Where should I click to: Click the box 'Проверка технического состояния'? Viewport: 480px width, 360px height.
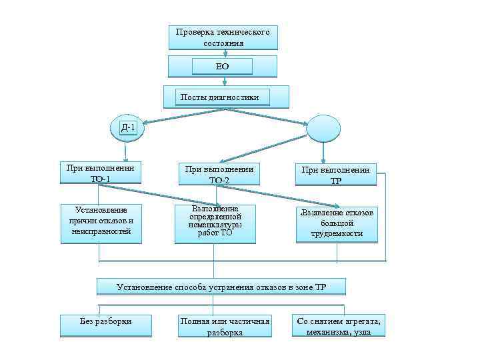coord(223,37)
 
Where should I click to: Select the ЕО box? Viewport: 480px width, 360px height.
coord(222,66)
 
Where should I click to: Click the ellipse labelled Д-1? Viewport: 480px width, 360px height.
coord(127,127)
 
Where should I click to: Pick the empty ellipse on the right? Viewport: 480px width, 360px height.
coord(323,127)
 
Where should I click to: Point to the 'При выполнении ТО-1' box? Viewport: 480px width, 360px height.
coord(101,173)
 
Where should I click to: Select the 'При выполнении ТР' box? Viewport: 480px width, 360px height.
coord(336,175)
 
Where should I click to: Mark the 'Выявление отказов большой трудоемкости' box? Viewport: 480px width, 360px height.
coord(337,223)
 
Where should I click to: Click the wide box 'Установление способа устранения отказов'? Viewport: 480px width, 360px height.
coord(221,287)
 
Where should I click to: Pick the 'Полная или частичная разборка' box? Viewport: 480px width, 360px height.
coord(225,326)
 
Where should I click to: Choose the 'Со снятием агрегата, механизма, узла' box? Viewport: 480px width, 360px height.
coord(339,326)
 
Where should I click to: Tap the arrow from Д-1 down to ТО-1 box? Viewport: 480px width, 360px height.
coord(126,150)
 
